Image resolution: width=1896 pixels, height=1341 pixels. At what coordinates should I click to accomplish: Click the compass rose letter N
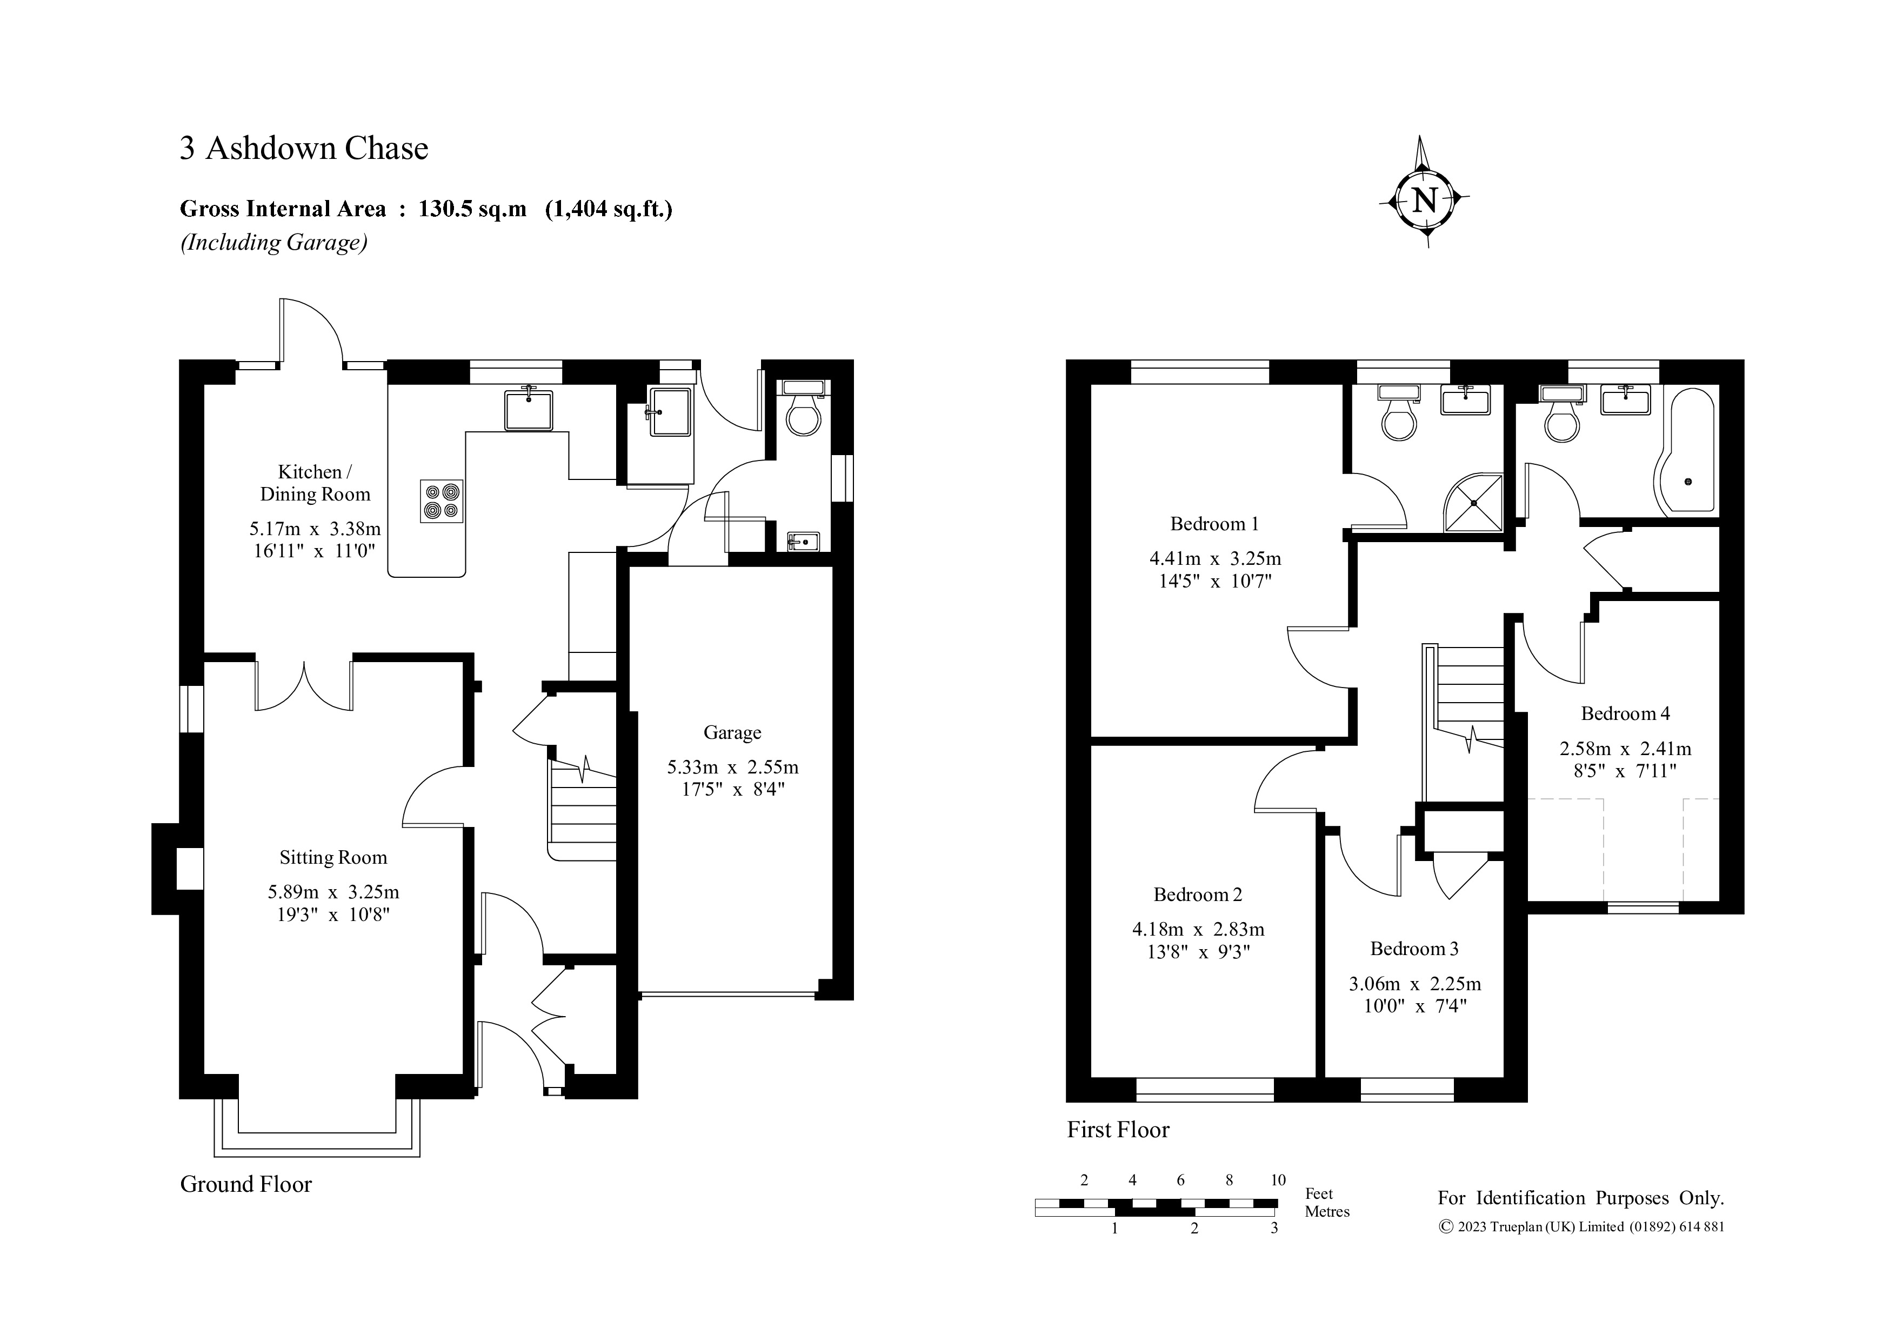point(1425,200)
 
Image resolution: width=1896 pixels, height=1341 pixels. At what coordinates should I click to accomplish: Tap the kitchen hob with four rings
point(442,501)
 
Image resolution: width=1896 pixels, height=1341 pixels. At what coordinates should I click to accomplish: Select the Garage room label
point(732,732)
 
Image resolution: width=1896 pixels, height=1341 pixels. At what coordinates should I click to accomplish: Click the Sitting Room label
point(333,858)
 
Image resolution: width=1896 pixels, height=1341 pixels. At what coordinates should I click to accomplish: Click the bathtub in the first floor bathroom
point(1685,449)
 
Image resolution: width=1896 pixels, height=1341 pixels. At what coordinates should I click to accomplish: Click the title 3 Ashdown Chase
point(304,149)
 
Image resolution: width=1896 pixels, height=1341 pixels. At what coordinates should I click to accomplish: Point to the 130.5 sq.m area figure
point(472,209)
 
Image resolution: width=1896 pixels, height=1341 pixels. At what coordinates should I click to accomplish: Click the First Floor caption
point(1118,1130)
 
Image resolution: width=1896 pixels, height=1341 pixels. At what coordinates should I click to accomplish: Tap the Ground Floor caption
point(246,1184)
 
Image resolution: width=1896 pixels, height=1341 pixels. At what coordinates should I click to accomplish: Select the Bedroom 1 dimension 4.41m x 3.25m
point(1215,559)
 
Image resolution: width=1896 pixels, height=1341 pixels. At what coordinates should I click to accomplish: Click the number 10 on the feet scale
point(1278,1180)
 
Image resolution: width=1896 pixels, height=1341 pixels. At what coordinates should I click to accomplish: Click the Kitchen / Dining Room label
point(316,483)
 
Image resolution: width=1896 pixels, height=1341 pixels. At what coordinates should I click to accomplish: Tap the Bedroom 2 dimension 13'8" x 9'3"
point(1198,951)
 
